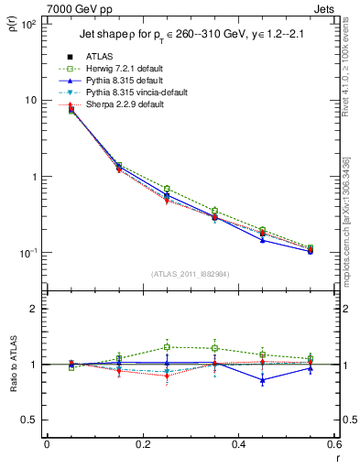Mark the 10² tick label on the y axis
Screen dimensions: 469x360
(x=29, y=25)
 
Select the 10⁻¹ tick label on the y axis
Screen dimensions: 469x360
(x=29, y=254)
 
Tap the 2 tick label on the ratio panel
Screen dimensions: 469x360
(x=35, y=309)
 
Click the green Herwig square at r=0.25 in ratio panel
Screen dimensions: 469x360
(x=167, y=347)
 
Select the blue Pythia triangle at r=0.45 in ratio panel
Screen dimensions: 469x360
(x=262, y=379)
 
